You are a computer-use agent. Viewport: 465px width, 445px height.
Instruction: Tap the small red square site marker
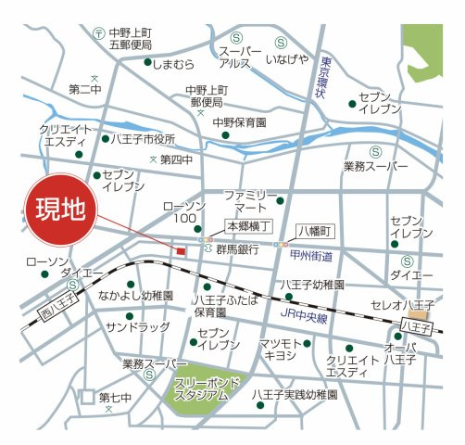tap(181, 250)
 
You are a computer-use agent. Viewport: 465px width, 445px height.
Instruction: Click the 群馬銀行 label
tap(237, 249)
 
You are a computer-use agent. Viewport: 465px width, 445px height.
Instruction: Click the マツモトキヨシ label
tap(278, 351)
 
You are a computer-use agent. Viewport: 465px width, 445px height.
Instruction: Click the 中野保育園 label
tap(240, 121)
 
